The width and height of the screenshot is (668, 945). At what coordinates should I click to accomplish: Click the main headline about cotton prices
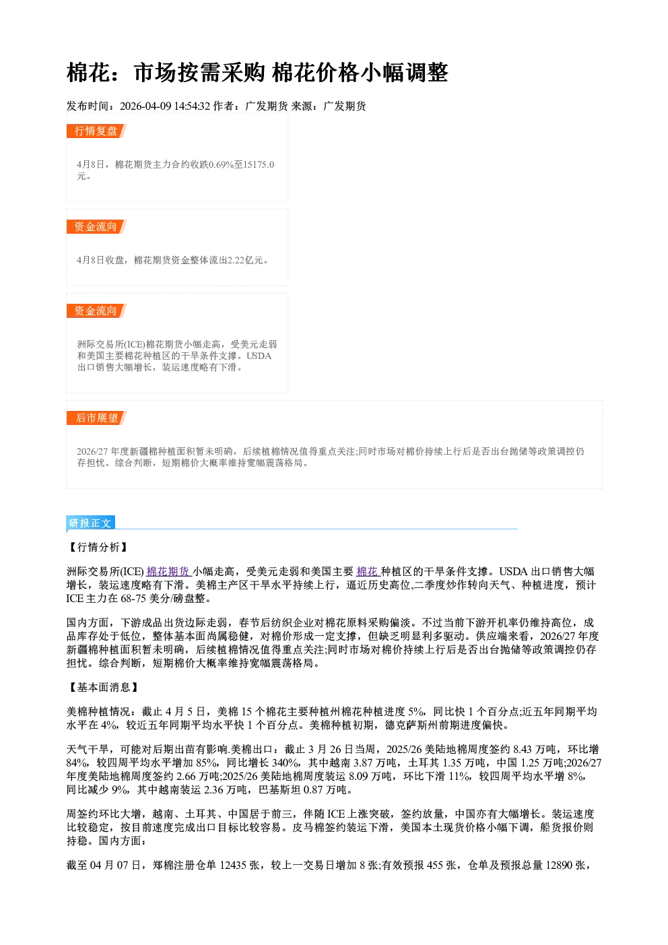257,72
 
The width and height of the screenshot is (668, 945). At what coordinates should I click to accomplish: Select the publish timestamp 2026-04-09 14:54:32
165,106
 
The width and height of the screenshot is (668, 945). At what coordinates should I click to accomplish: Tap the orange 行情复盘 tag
96,131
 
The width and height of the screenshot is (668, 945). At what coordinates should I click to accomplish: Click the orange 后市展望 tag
96,418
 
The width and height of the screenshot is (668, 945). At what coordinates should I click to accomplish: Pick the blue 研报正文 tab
90,523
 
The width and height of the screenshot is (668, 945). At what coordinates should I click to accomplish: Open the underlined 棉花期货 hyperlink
168,571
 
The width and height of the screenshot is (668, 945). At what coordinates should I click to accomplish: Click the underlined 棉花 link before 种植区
367,571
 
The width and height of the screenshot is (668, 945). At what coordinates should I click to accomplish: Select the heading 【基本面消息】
103,687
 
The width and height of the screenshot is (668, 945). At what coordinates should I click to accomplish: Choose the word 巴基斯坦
279,790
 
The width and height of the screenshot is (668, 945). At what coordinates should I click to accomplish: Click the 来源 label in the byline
302,106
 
